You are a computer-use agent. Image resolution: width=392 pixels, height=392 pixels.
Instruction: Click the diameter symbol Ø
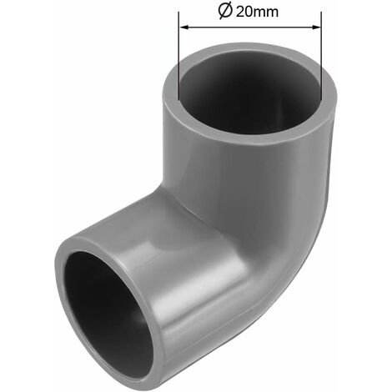pyautogui.click(x=225, y=12)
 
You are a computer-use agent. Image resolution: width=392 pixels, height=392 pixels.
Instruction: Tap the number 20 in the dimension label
pyautogui.click(x=244, y=13)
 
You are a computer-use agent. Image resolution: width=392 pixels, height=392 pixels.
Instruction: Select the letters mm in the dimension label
pyautogui.click(x=265, y=13)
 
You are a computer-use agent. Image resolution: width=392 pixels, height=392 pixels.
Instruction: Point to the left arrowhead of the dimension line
pyautogui.click(x=184, y=27)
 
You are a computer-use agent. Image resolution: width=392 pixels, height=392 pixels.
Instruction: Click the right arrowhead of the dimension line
pyautogui.click(x=316, y=27)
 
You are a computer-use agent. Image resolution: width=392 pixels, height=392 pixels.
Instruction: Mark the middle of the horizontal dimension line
pyautogui.click(x=250, y=27)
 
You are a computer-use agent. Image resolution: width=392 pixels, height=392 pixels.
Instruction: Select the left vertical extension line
pyautogui.click(x=178, y=56)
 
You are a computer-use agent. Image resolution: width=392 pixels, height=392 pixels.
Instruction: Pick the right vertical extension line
pyautogui.click(x=321, y=57)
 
